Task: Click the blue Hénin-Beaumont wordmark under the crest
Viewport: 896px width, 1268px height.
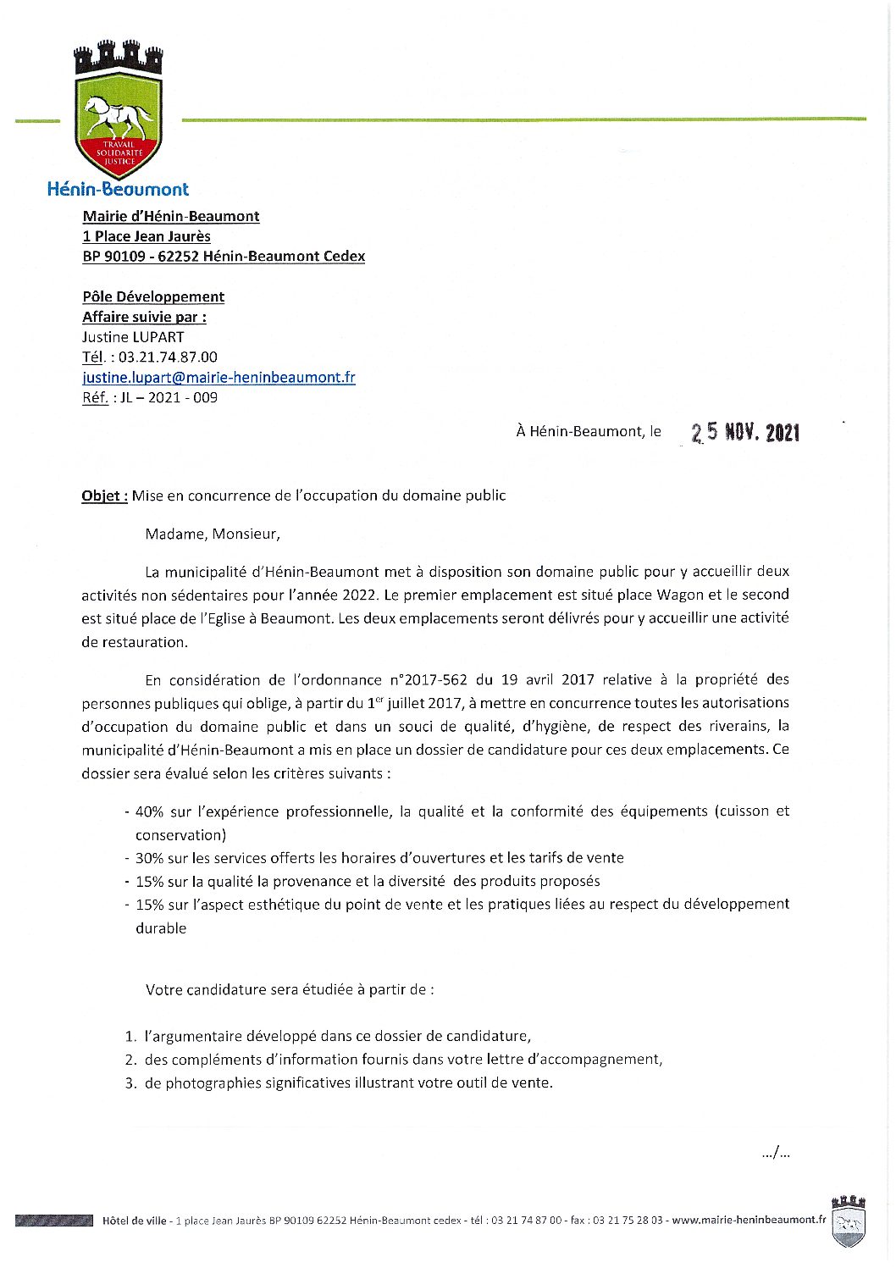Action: tap(118, 189)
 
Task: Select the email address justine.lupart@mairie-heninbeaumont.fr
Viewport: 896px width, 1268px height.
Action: tap(218, 378)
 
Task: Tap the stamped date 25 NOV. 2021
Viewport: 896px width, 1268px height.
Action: tap(745, 432)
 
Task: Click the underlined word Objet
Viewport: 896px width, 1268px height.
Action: tap(103, 496)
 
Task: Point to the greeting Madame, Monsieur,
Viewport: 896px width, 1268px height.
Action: tap(213, 534)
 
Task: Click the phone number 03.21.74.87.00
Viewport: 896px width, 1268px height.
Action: tap(168, 357)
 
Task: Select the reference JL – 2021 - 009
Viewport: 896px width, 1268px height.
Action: tap(169, 398)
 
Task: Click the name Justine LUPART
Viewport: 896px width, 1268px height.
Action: tap(133, 337)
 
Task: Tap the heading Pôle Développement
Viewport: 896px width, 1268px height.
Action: tap(153, 296)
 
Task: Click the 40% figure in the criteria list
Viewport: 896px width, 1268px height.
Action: tap(149, 811)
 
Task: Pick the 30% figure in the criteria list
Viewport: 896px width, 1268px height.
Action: tap(149, 858)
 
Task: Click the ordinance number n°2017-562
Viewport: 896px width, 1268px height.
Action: tap(429, 679)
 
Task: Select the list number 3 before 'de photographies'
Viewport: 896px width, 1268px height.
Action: tap(130, 1083)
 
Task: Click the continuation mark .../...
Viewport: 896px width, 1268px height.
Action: tap(776, 1153)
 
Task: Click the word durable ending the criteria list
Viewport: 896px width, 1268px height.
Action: tap(161, 928)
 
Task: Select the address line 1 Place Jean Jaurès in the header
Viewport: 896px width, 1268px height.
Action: tap(147, 236)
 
